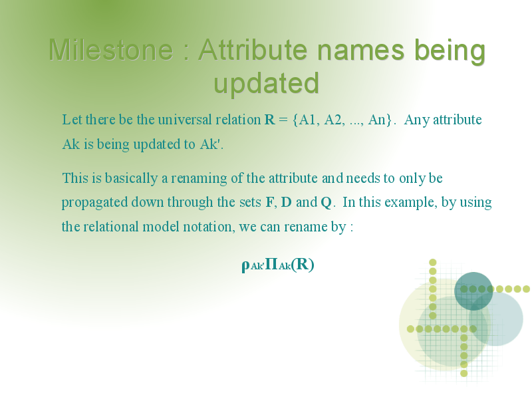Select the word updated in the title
pos(267,84)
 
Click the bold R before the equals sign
pos(269,120)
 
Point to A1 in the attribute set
pos(307,120)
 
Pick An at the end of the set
pos(376,120)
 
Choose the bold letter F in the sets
pos(269,203)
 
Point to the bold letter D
pos(287,203)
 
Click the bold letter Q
pos(326,203)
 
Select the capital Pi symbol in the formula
pos(271,263)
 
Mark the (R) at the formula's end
pos(303,264)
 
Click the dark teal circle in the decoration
pos(473,291)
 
